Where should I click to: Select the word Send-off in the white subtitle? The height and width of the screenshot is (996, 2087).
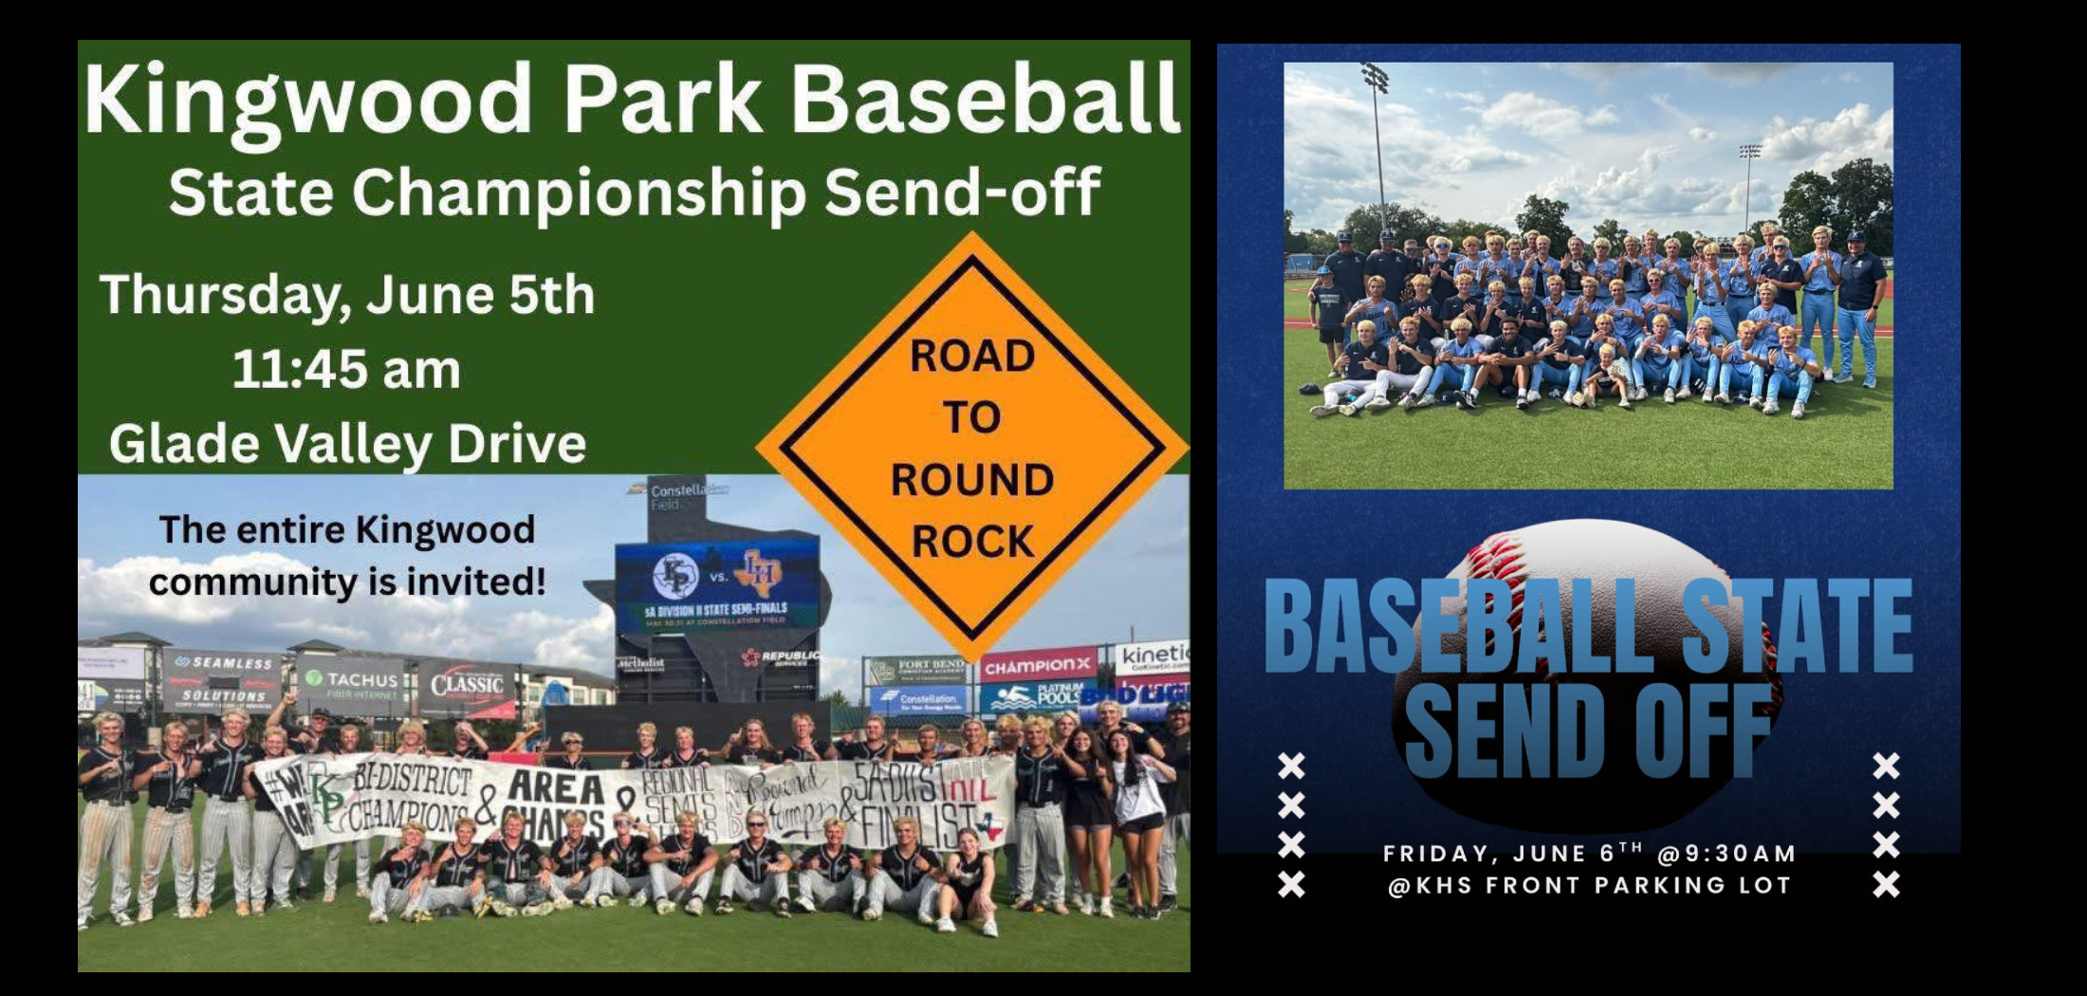coord(962,193)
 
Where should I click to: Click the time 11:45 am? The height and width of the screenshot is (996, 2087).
coord(346,369)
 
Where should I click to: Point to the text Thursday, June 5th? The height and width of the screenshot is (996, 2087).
coord(347,295)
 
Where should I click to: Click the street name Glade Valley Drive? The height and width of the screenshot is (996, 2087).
coord(347,443)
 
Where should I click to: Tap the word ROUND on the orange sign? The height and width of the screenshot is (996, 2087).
coord(971,480)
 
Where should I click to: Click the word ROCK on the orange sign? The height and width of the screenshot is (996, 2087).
coord(972,542)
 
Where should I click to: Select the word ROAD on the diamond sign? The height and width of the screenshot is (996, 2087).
coord(972,357)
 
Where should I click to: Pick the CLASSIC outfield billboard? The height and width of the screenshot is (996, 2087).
coord(467,685)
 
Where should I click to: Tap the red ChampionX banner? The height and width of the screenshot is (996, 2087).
coord(1038,667)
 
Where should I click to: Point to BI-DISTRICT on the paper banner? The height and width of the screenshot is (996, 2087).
coord(413,782)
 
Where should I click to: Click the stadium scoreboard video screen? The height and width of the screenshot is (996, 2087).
coord(717,583)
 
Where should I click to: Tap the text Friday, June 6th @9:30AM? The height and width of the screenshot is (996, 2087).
coord(1589,854)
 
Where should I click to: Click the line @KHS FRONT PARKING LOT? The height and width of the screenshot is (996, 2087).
coord(1589,886)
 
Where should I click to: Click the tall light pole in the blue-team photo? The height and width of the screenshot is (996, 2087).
coord(1377,152)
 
